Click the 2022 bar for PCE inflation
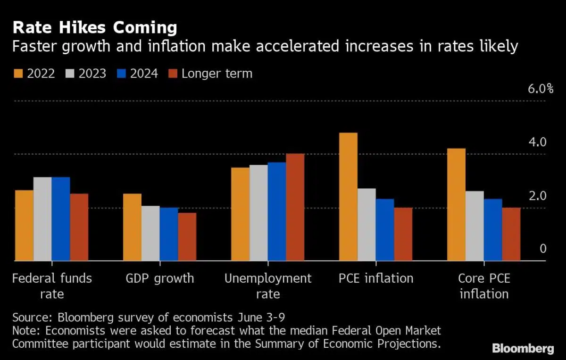coord(348,197)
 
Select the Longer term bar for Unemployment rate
coord(295,207)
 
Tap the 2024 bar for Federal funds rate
coord(61,219)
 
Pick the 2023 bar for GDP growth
coord(150,233)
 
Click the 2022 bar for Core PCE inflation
coord(456,204)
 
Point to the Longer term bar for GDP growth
coord(187,236)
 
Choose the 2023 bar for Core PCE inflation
coord(474,226)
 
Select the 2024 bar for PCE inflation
coord(384,229)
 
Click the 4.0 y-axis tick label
coord(538,142)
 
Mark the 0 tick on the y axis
coord(543,249)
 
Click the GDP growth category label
coord(160,278)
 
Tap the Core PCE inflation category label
coord(484,286)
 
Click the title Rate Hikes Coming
coord(95,28)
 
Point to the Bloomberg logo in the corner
coord(523,349)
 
